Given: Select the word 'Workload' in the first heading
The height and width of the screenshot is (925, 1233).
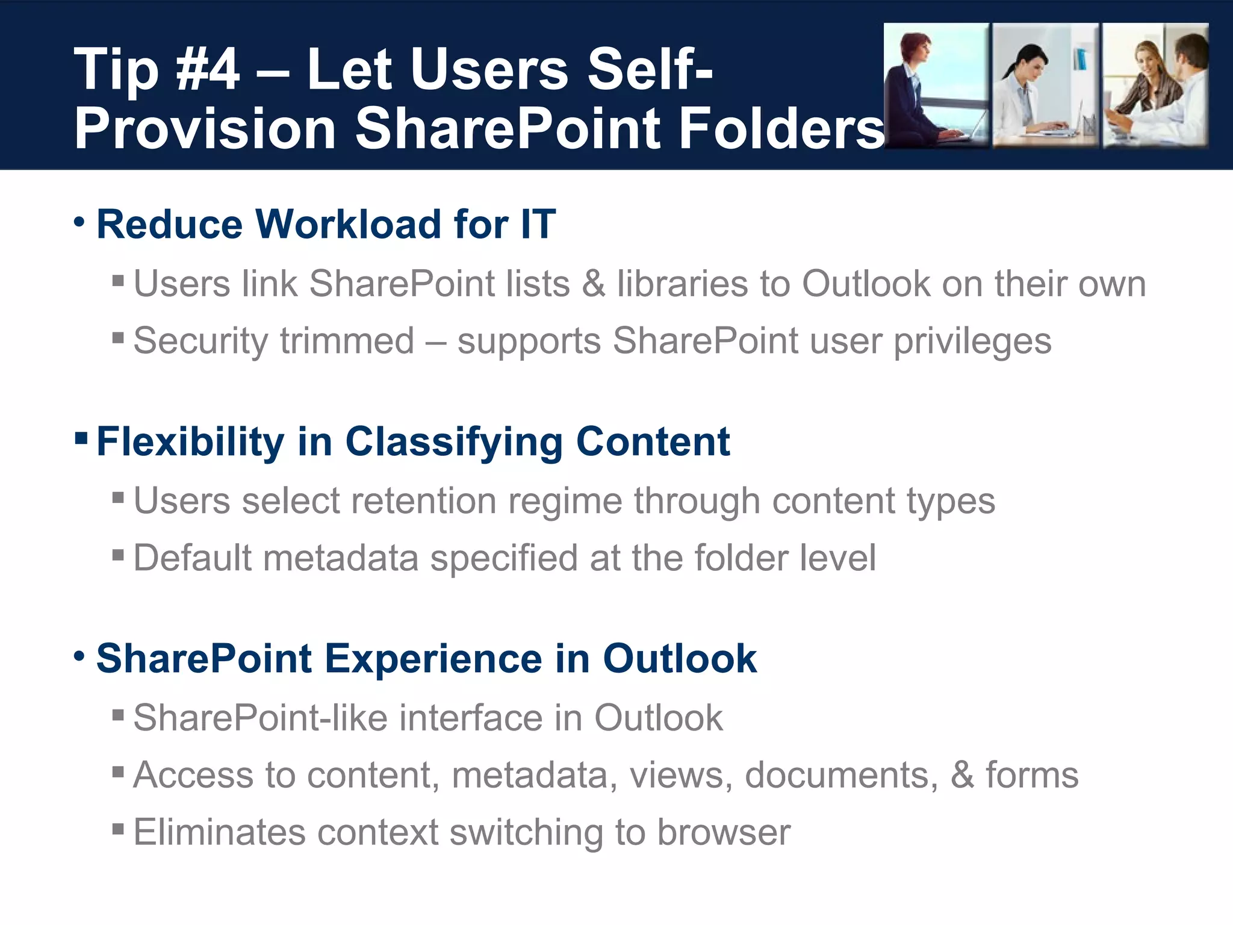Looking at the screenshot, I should click(x=349, y=224).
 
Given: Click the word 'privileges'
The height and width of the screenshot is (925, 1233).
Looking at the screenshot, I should click(x=972, y=341).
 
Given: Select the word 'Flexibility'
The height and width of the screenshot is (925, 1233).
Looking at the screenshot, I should click(x=190, y=441).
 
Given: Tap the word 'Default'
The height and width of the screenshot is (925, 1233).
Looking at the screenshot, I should click(x=192, y=558).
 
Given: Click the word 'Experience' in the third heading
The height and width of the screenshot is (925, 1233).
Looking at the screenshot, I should click(x=433, y=658).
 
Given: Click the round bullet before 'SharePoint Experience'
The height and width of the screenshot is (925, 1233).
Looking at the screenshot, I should click(x=79, y=655).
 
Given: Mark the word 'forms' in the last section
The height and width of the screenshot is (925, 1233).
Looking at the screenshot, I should click(x=1032, y=774).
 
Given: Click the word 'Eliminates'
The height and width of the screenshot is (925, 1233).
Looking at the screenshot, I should click(x=220, y=832).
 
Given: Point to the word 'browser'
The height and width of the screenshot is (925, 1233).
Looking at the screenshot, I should click(x=724, y=832).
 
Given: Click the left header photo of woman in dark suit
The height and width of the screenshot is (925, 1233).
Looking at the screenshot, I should click(x=936, y=85).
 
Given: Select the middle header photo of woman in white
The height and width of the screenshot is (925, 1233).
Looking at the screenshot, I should click(x=1045, y=85).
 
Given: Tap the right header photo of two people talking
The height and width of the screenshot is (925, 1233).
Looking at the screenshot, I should click(x=1155, y=85).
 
